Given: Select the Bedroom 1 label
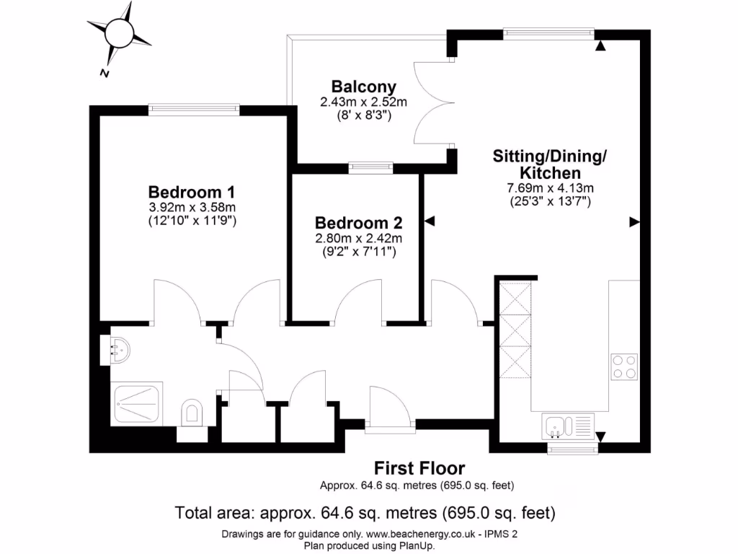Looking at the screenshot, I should pyautogui.click(x=191, y=193).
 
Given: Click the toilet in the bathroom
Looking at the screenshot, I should pyautogui.click(x=192, y=412).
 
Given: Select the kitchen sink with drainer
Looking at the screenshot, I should pyautogui.click(x=569, y=426).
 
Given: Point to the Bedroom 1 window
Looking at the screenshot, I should pyautogui.click(x=193, y=110).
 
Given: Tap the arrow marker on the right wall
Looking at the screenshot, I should pyautogui.click(x=634, y=222).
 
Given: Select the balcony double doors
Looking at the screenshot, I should pyautogui.click(x=431, y=104).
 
